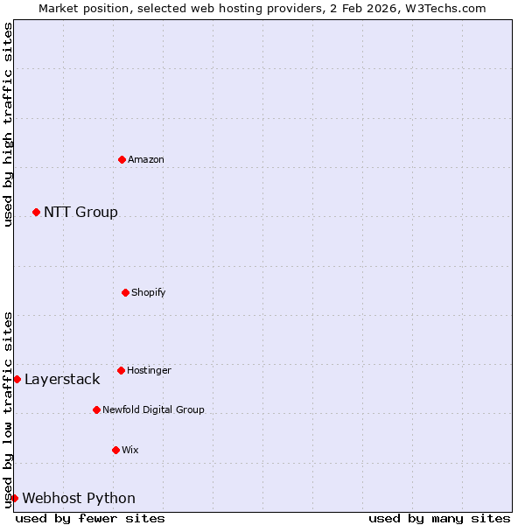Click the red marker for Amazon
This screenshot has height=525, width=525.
point(122,159)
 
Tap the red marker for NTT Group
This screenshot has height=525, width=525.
point(36,212)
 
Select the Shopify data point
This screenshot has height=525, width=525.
point(125,292)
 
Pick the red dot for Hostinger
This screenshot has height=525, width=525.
point(121,370)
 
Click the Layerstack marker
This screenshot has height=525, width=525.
point(17,379)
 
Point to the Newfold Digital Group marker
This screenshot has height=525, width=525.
point(96,409)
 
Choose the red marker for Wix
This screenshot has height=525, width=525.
point(115,450)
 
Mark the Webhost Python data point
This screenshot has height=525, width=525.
point(14,498)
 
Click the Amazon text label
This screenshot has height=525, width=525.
point(146,159)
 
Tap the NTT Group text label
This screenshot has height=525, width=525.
point(80,212)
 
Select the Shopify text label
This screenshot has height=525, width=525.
point(149,292)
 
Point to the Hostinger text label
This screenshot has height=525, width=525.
point(149,370)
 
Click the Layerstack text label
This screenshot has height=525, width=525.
point(62,379)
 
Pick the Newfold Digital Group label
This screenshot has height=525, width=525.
point(153,409)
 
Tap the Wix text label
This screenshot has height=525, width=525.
point(130,450)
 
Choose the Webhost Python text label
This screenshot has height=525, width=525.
point(79,498)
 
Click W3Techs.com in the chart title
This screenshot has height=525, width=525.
point(445,8)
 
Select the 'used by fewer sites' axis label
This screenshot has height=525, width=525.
point(90,518)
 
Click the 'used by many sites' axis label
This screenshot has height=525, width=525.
point(439,518)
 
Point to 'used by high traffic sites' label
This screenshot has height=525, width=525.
point(8,124)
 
